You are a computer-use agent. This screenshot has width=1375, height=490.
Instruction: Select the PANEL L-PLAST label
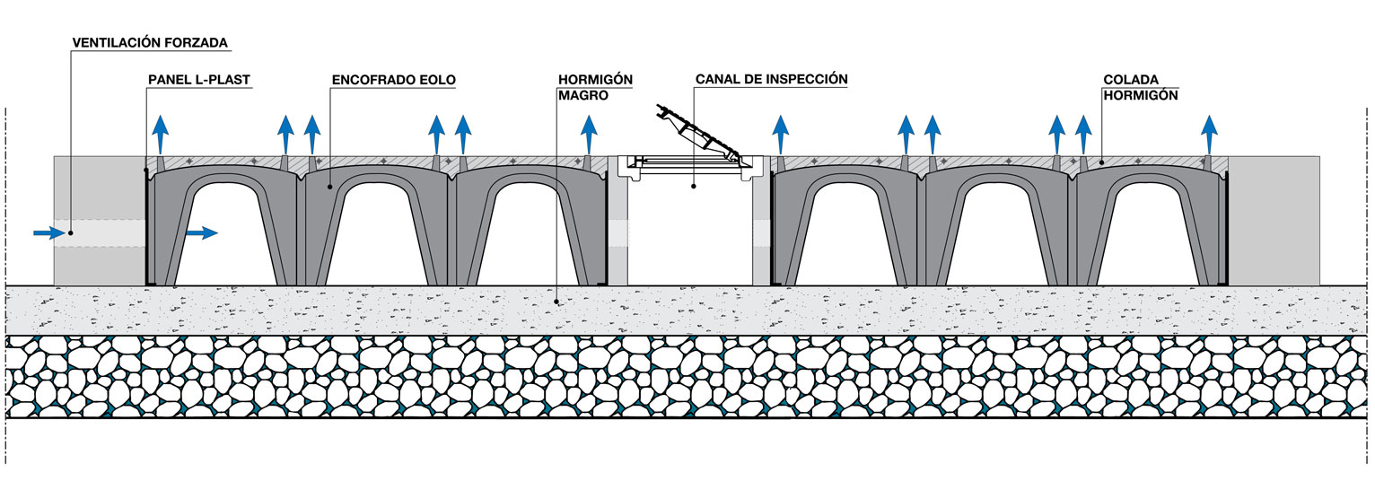coord(198,80)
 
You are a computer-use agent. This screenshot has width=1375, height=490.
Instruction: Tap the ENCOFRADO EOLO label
coord(393,80)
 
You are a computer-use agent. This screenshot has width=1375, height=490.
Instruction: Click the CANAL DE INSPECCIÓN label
coord(771,79)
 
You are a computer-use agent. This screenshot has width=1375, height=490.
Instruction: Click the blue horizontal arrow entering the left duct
coord(49,233)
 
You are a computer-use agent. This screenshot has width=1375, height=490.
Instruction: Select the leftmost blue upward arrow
coord(159,135)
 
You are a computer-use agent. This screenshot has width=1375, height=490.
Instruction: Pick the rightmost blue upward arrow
coord(1211,135)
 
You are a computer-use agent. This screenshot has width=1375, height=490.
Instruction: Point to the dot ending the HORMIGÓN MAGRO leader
coord(557,302)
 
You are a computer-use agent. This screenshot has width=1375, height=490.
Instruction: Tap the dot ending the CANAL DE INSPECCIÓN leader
coord(695,187)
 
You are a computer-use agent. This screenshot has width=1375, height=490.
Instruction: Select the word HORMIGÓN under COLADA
coord(1140,94)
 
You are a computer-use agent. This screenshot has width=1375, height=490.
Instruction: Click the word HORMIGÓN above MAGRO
coord(595,80)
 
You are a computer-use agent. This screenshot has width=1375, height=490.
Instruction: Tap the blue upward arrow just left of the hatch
coord(588,135)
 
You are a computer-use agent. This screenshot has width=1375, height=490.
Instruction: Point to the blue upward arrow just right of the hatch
coord(781,135)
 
